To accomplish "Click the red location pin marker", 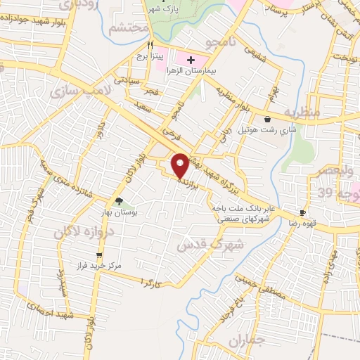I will [x=181, y=165].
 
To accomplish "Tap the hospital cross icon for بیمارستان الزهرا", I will [x=191, y=59].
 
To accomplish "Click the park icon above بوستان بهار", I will [x=127, y=202].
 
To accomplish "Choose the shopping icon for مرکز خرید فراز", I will [x=99, y=255].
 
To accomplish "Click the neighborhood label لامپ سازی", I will [x=79, y=92].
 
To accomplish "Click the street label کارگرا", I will [x=151, y=283].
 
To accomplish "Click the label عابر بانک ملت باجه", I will [x=243, y=210].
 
